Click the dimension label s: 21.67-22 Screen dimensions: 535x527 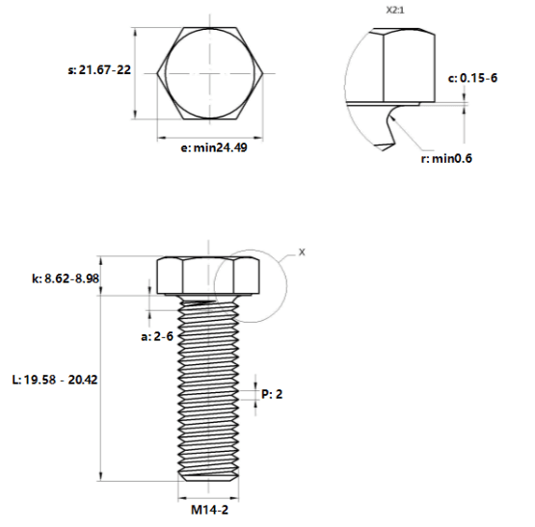coord(99,70)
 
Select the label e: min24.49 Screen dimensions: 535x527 coord(214,147)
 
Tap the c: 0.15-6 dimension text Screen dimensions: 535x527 coord(472,78)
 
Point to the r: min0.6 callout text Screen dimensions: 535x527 coord(446,159)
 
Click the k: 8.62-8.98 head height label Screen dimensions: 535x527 coord(66,278)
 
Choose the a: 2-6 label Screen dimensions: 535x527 coord(157,336)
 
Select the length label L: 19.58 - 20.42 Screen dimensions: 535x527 coord(55,380)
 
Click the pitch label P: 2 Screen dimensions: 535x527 coord(272,394)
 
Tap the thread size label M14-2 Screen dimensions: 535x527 coord(209,510)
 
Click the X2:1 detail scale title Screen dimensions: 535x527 coord(395,11)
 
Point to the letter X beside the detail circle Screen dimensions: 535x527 coord(302,252)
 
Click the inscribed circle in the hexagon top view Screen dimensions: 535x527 coord(165,73)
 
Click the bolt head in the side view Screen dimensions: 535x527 coord(208,276)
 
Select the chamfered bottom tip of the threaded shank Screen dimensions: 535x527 coord(208,477)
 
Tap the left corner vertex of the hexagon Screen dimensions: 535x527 coord(157,73)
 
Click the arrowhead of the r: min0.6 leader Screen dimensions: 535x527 coord(390,118)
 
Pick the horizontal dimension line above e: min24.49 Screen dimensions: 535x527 coord(210,138)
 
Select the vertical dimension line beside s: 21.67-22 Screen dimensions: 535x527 coord(135,73)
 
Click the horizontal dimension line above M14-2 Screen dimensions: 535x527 coord(208,499)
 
